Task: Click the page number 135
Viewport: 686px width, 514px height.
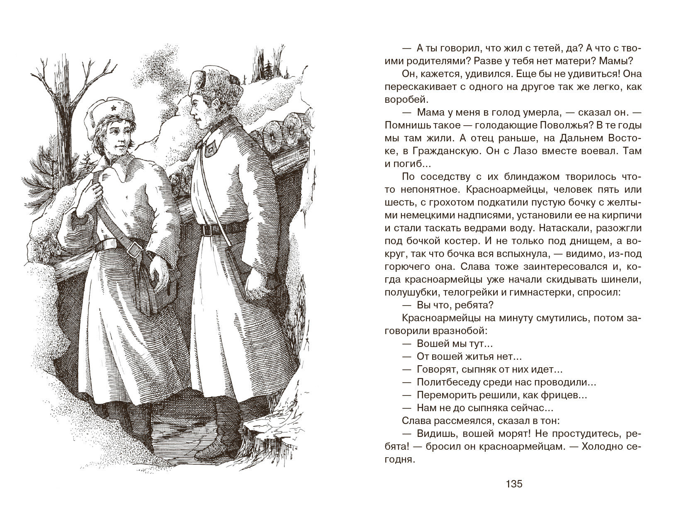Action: tap(514, 484)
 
